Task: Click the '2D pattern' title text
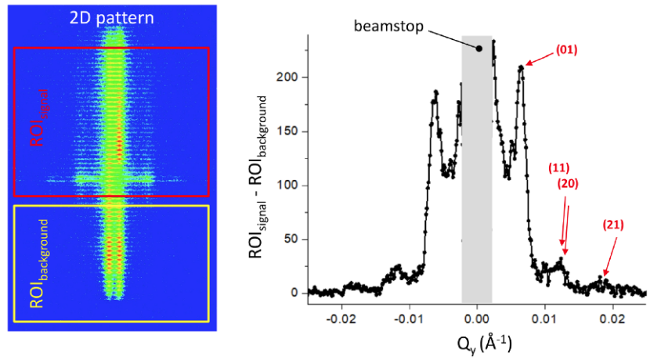111,16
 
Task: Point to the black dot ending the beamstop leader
479,49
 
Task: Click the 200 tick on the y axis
290,77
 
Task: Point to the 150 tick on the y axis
290,131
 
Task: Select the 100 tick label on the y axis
290,185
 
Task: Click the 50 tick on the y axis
293,239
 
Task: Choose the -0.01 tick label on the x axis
408,319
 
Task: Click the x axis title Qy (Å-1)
476,343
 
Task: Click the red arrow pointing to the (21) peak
608,254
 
